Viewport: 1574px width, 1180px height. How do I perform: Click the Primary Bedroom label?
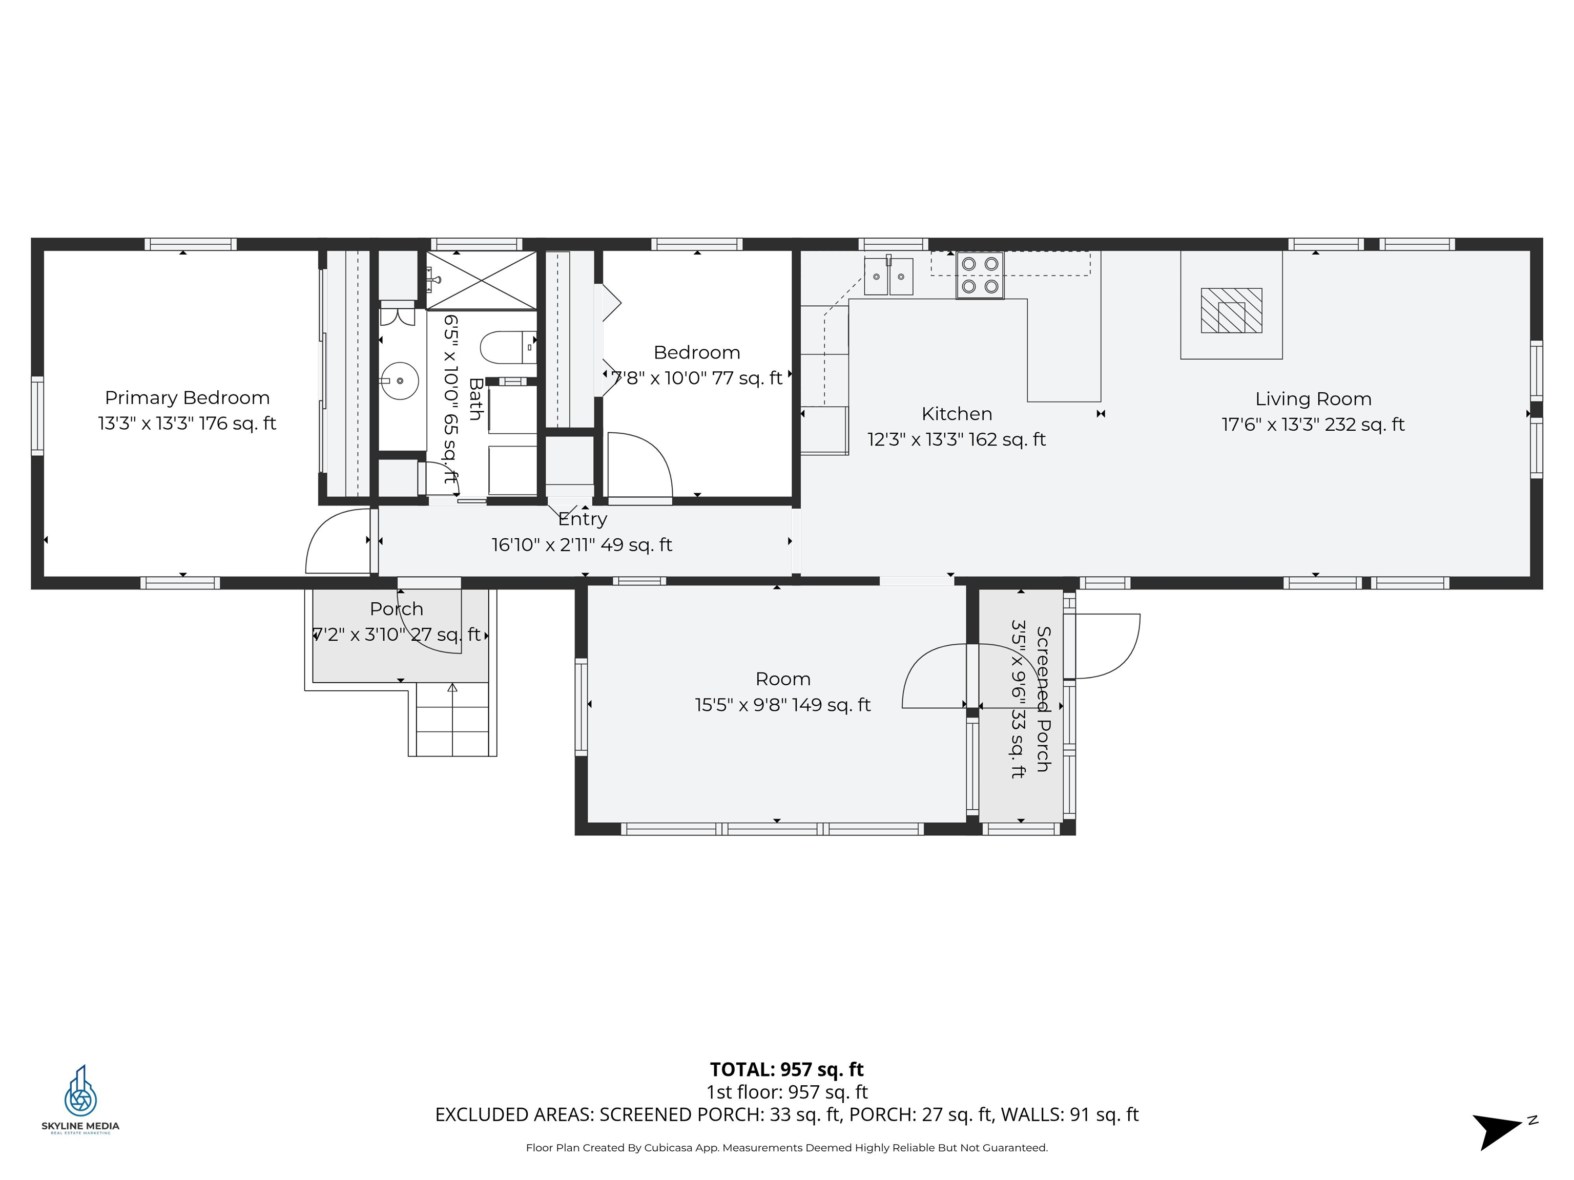tap(187, 397)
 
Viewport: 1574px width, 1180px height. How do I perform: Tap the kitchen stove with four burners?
tap(979, 275)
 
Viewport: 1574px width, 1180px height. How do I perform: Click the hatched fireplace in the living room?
tap(1231, 310)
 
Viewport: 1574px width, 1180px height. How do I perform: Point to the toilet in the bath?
tap(507, 347)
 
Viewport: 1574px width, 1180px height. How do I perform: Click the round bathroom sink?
tap(399, 381)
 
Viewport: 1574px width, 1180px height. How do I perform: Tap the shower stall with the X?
tap(482, 280)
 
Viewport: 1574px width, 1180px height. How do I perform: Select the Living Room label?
tap(1313, 399)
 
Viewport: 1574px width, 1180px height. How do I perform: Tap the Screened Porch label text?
tap(1043, 699)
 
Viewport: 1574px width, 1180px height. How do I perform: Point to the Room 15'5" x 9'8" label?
tap(783, 691)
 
